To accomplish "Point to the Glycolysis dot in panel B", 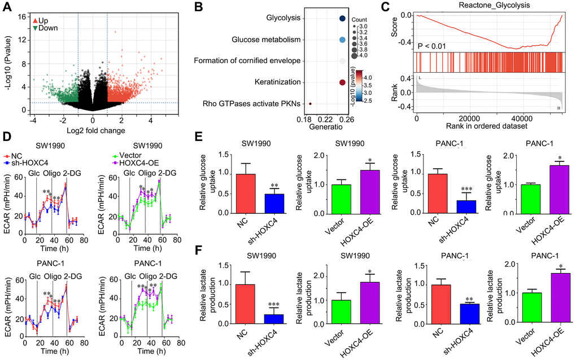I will point(343,19).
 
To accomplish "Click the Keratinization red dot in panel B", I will point(343,82).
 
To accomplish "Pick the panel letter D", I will point(6,137).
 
